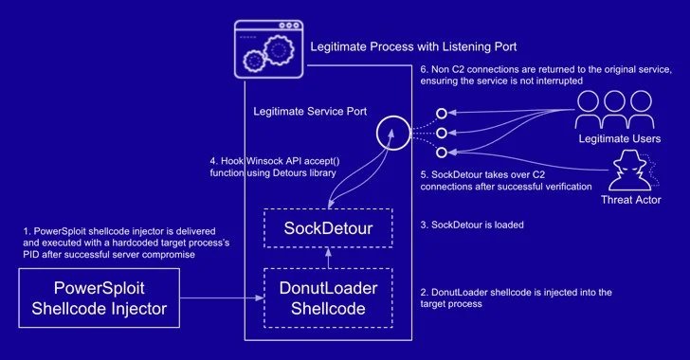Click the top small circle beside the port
click(441, 114)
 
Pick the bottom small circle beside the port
click(441, 152)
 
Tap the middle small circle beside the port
click(441, 133)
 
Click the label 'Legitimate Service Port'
click(309, 111)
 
